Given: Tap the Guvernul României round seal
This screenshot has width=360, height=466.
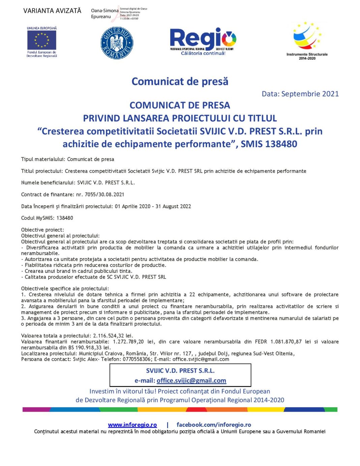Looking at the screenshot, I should (117, 43).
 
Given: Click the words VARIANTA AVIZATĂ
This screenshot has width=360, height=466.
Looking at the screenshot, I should (52, 11).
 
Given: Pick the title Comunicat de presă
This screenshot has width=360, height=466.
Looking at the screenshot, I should (180, 81).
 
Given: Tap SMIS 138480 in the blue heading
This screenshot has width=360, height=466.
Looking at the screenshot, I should (269, 144).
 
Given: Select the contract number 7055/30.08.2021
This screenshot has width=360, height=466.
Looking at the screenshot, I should (104, 195).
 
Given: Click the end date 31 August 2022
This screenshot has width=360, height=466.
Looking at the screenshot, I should (173, 206).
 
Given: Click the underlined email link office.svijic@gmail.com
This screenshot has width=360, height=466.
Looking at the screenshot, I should (191, 381).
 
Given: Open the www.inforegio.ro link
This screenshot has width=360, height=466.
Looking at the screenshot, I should (132, 425).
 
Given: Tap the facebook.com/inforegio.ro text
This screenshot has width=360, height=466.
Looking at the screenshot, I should (214, 425).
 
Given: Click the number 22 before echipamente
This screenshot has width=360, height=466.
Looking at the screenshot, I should (192, 295).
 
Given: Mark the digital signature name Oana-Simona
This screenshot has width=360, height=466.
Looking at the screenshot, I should (104, 11).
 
